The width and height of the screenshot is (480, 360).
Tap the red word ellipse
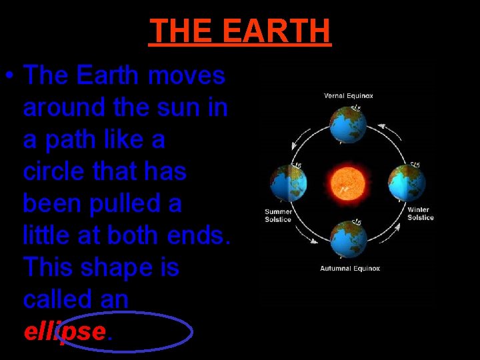coord(65,331)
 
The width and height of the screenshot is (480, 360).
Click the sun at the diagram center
coord(349,181)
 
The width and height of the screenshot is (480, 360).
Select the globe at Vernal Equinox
coord(349,124)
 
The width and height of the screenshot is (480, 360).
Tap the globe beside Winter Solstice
coord(407,182)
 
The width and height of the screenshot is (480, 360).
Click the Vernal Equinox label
coord(349,95)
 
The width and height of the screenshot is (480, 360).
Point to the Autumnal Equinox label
coord(350,269)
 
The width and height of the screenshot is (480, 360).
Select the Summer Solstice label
coord(278,215)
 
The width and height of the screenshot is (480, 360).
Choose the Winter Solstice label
coord(421,214)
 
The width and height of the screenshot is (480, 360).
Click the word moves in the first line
coord(187,76)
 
